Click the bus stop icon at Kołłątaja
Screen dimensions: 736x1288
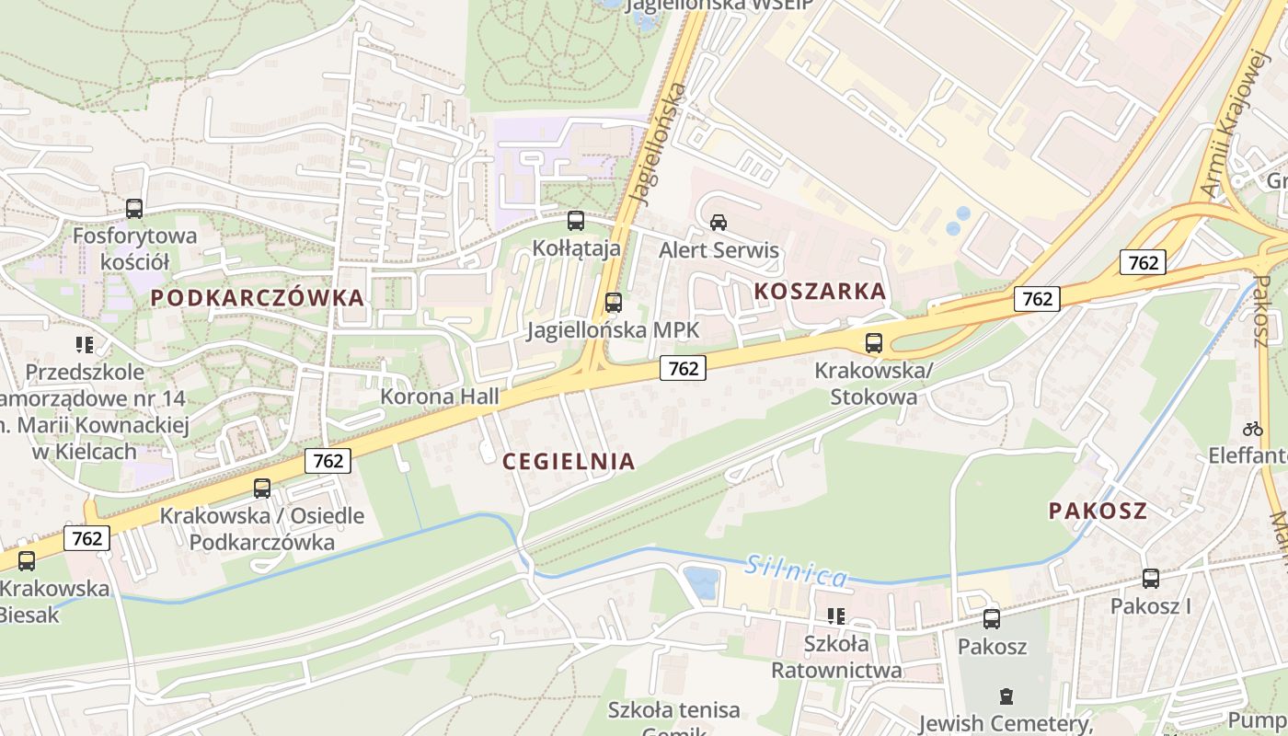[576, 221]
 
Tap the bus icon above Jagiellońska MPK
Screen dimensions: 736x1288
[613, 302]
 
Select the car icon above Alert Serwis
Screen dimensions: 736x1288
[719, 222]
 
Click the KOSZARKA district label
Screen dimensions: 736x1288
[821, 292]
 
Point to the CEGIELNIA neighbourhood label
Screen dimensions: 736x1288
[569, 462]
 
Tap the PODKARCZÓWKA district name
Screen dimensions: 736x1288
[258, 298]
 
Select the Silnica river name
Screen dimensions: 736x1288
[796, 571]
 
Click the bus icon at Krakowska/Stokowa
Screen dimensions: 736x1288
[874, 343]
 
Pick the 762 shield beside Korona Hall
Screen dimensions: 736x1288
[683, 369]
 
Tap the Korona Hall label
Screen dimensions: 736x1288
[441, 397]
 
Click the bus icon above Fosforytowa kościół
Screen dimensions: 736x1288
[134, 209]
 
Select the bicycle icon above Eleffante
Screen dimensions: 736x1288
[1252, 428]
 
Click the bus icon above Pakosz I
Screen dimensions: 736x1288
[1150, 579]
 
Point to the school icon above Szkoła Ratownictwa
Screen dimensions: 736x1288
[835, 615]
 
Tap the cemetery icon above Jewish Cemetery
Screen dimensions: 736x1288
[1006, 696]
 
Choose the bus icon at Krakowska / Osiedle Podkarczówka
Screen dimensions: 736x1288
[262, 489]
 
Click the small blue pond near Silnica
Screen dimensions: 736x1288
[702, 582]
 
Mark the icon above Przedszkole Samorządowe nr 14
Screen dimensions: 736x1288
[85, 345]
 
